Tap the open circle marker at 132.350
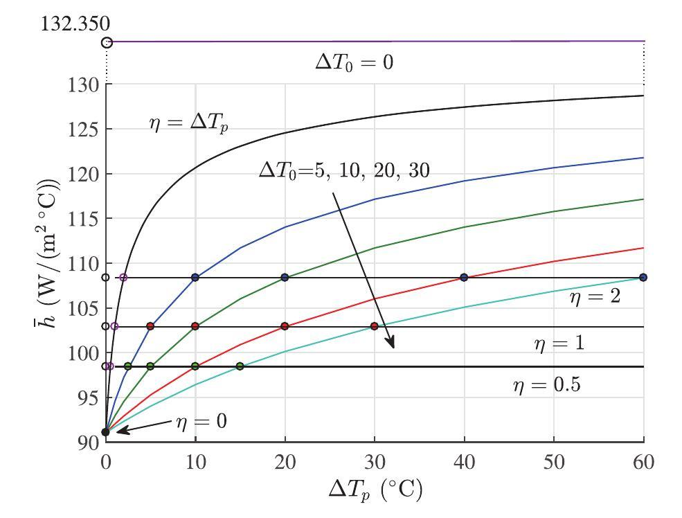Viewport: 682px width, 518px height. pyautogui.click(x=107, y=43)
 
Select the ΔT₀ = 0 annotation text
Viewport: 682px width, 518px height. pyautogui.click(x=355, y=63)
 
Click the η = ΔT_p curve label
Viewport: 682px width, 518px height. pyautogui.click(x=188, y=124)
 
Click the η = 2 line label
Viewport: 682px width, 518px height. pyautogui.click(x=595, y=297)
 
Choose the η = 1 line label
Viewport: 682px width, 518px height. pyautogui.click(x=559, y=343)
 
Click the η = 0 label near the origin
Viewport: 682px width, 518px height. pyautogui.click(x=200, y=420)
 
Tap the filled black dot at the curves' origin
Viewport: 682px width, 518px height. pyautogui.click(x=105, y=432)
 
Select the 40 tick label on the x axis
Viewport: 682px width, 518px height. pyautogui.click(x=465, y=461)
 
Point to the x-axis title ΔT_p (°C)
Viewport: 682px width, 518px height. pyautogui.click(x=375, y=490)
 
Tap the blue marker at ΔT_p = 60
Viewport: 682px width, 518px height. pyautogui.click(x=644, y=277)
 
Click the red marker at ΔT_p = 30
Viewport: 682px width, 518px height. pyautogui.click(x=375, y=326)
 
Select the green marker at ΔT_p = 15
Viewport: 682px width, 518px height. pyautogui.click(x=240, y=366)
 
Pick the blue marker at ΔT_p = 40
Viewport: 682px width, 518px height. pyautogui.click(x=465, y=277)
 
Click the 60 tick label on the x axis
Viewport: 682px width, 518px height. pyautogui.click(x=644, y=461)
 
